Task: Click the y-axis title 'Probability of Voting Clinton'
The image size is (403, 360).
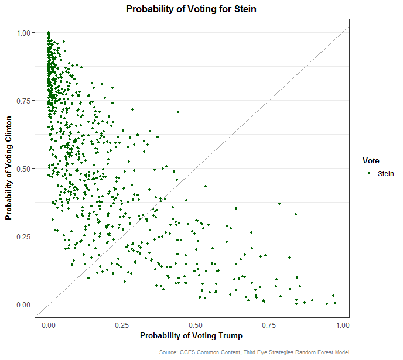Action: [x=9, y=169]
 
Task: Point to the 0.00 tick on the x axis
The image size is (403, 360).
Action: [x=49, y=323]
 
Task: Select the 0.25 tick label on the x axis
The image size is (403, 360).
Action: [x=122, y=323]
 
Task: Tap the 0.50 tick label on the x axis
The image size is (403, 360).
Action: [x=195, y=323]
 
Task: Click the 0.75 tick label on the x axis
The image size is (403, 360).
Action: [x=268, y=323]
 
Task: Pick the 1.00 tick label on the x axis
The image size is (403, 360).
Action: [x=341, y=323]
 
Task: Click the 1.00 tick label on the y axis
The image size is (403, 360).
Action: [x=26, y=33]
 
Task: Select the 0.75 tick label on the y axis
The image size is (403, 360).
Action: [x=26, y=101]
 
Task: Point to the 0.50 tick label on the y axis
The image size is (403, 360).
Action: [x=26, y=169]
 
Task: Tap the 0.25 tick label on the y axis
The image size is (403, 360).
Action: [x=26, y=236]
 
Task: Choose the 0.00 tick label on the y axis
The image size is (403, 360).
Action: [x=26, y=304]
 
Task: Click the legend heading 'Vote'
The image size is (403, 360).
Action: [x=370, y=160]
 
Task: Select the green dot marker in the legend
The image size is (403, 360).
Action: [x=369, y=173]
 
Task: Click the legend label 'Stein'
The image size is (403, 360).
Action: [x=386, y=173]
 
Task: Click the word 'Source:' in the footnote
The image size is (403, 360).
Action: [x=168, y=352]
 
